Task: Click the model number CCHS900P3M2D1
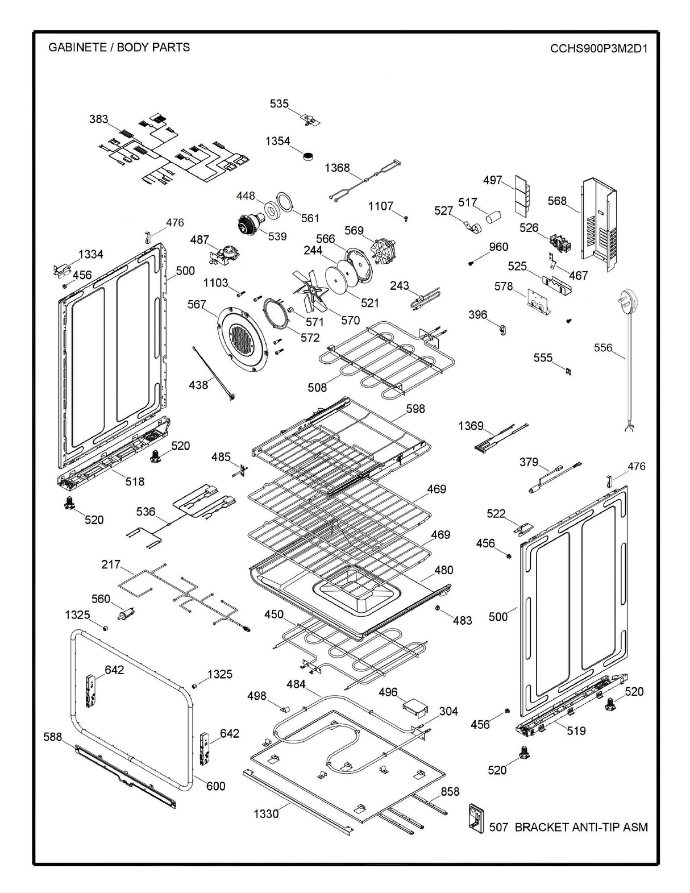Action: click(598, 48)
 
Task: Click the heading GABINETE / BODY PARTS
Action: click(119, 47)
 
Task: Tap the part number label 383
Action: click(98, 119)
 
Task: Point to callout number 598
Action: click(415, 409)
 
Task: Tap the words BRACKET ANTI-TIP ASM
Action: click(581, 827)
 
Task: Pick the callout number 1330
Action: click(265, 814)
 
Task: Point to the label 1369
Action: click(471, 426)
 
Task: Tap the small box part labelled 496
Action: click(414, 708)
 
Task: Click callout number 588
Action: click(53, 737)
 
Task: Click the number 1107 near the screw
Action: click(380, 206)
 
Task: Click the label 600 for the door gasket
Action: click(215, 786)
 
